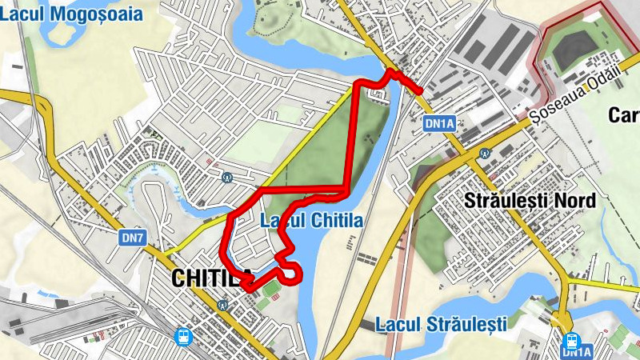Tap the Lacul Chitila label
312,221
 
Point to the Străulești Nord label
530,201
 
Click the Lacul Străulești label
441,325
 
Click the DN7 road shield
132,238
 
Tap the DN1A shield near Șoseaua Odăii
439,123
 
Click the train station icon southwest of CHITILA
185,337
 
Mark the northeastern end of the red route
420,91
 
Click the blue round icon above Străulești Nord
484,153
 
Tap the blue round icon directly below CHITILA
222,304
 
